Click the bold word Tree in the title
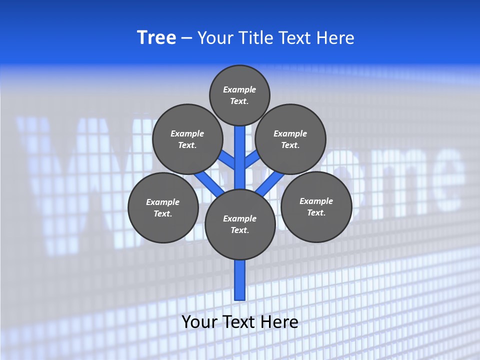(x=156, y=38)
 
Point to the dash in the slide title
(x=187, y=38)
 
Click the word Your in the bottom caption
(x=199, y=321)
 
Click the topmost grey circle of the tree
(x=239, y=95)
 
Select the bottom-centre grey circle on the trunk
(x=240, y=224)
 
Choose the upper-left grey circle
(x=187, y=139)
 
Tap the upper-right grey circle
(x=290, y=139)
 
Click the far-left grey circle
(x=163, y=207)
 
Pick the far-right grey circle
(x=316, y=206)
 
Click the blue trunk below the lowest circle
(x=240, y=280)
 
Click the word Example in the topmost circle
(x=239, y=89)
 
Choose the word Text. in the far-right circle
(x=316, y=212)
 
